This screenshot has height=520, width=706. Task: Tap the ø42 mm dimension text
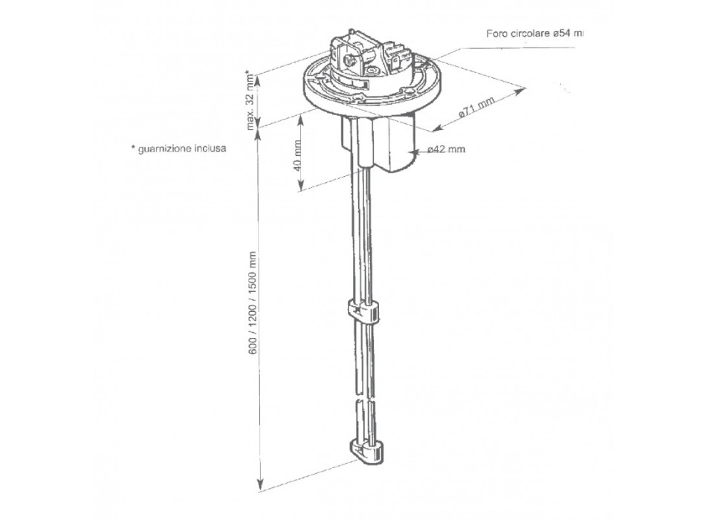coord(447,149)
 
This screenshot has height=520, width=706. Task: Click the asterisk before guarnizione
coord(132,148)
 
